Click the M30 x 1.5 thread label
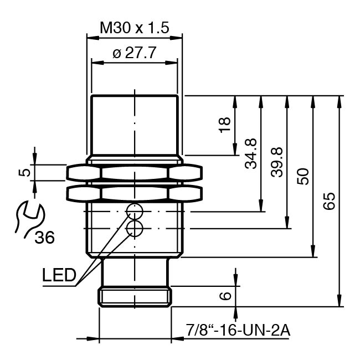(x=134, y=27)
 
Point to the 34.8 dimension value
(x=250, y=153)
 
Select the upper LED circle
(x=134, y=211)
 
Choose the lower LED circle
(x=134, y=229)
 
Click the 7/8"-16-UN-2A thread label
(x=238, y=331)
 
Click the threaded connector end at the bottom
(x=135, y=296)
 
